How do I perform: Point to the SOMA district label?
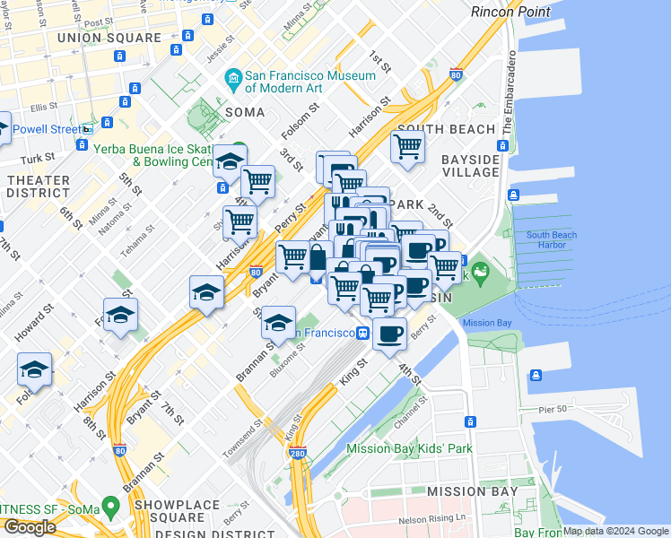click(245, 112)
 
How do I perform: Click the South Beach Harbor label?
click(552, 240)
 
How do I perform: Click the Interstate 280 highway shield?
click(298, 455)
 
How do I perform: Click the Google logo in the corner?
click(29, 527)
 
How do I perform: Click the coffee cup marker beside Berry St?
click(389, 334)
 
